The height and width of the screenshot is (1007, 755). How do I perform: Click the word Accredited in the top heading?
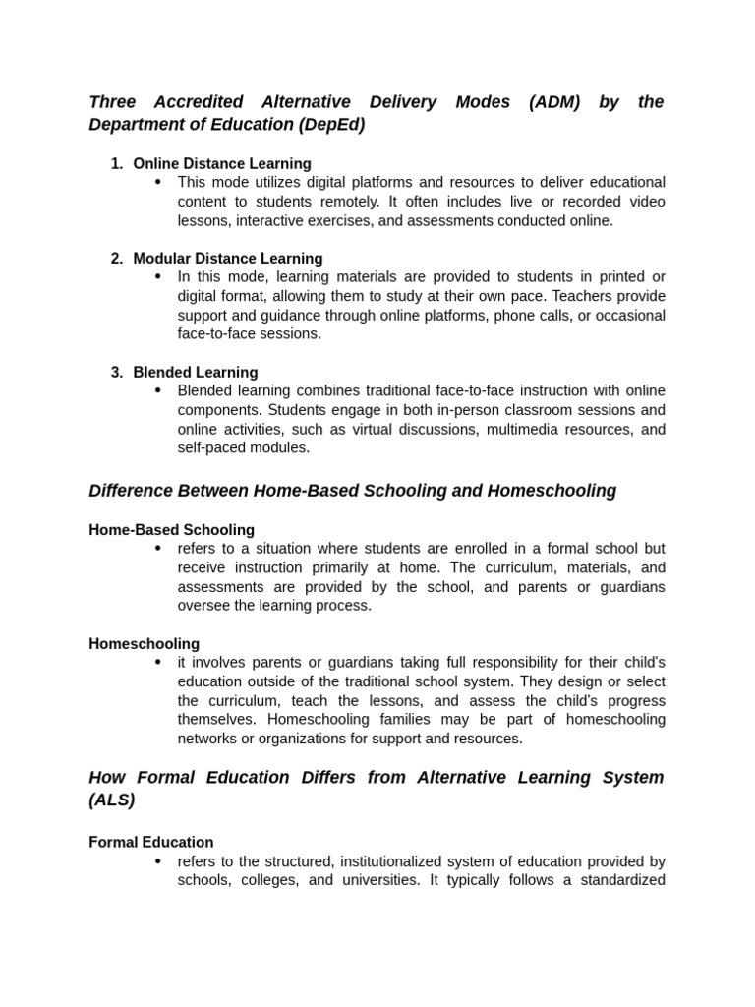point(200,102)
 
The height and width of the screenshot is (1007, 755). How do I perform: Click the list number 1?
point(116,164)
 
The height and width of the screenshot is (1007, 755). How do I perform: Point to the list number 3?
point(116,373)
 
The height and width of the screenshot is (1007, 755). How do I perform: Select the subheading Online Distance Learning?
point(222,164)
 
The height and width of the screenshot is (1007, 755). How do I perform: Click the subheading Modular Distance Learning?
point(228,259)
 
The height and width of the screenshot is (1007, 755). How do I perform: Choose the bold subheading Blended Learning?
point(196,373)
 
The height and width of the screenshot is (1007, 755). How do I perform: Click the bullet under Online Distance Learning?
point(157,182)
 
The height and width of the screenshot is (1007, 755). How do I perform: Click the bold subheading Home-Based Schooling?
point(172,530)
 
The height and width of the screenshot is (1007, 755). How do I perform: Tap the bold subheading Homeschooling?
point(145,644)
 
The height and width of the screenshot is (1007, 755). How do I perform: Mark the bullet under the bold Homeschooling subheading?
point(157,663)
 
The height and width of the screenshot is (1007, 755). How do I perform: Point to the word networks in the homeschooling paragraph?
point(208,739)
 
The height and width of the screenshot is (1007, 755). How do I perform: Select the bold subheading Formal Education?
point(151,843)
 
